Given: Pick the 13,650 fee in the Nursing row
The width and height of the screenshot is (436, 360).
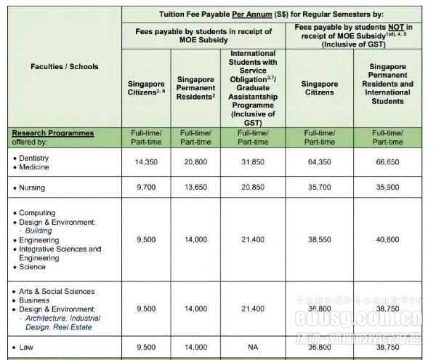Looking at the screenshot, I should pyautogui.click(x=195, y=188).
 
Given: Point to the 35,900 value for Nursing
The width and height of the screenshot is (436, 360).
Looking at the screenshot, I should pyautogui.click(x=392, y=188).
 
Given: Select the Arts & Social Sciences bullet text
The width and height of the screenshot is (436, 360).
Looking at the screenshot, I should pyautogui.click(x=57, y=291).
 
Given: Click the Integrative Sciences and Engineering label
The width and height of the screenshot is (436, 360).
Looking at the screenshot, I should pyautogui.click(x=60, y=253).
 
